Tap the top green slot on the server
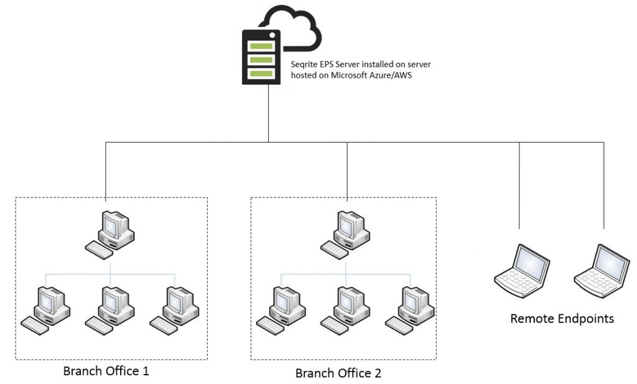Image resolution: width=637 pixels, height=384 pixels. [262, 45]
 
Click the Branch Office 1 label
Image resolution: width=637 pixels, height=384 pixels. [106, 372]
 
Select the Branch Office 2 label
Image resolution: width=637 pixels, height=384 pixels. [338, 373]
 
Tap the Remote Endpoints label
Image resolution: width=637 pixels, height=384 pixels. [562, 319]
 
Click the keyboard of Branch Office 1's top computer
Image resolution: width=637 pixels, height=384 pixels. [100, 248]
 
